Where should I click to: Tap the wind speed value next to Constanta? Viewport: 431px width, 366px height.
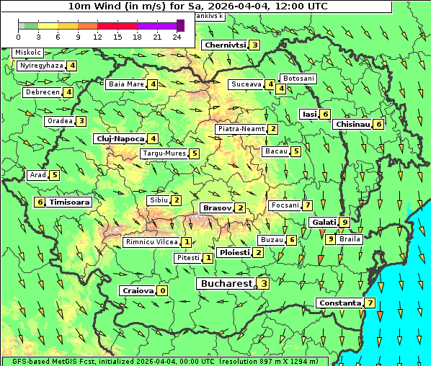(x=370, y=303)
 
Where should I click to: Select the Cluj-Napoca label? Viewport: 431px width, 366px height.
(x=120, y=138)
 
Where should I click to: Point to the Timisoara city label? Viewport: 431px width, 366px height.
(x=70, y=202)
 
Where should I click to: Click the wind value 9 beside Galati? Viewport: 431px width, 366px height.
(x=345, y=223)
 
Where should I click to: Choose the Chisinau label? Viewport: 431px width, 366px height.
(x=352, y=124)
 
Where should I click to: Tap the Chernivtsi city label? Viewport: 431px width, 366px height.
(x=225, y=45)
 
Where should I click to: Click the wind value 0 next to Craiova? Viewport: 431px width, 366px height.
(x=163, y=291)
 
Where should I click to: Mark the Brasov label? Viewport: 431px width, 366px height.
(x=216, y=207)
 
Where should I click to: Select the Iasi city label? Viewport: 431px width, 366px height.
(x=309, y=114)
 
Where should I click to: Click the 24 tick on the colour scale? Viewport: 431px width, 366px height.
(x=177, y=37)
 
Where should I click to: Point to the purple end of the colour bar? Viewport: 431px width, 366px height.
(x=180, y=25)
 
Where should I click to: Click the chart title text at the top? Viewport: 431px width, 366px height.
(x=198, y=6)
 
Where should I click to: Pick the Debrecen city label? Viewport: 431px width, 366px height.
(x=42, y=92)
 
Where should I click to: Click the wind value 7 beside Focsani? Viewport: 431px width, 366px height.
(x=307, y=205)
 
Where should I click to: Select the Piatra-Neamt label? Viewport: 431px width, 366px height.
(x=241, y=129)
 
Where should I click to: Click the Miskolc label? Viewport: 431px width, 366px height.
(x=28, y=53)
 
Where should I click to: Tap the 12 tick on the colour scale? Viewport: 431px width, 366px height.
(x=97, y=37)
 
